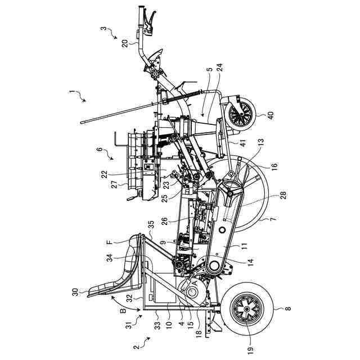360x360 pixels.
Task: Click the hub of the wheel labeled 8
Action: [x=248, y=311]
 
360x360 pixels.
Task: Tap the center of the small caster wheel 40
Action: [x=240, y=116]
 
